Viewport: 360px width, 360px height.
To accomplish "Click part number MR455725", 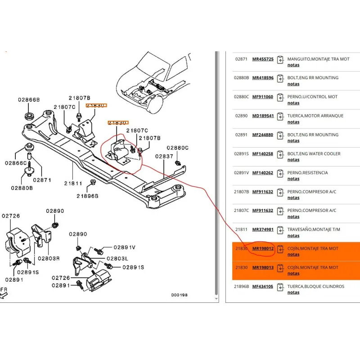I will (x=263, y=59).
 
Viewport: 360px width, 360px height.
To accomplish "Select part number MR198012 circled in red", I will (x=263, y=248).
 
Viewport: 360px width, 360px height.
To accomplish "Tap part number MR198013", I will (x=263, y=267).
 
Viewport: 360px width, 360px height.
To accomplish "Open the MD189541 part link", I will (x=263, y=116).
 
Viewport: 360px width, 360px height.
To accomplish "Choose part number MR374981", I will (x=263, y=229).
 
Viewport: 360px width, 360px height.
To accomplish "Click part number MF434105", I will (x=263, y=286).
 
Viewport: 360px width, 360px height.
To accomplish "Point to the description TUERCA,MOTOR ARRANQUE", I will (x=315, y=116).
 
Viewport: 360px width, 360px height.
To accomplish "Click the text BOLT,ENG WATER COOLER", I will (x=314, y=153).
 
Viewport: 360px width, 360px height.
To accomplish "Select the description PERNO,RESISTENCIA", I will (x=307, y=173).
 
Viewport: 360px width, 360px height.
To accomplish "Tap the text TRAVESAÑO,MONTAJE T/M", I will (x=314, y=229).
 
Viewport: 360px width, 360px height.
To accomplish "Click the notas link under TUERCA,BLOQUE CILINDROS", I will (x=293, y=292).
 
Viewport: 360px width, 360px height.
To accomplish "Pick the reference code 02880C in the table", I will (x=241, y=97).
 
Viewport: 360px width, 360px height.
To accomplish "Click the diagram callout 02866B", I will (x=29, y=99).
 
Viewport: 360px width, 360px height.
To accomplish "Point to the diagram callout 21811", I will (x=73, y=184).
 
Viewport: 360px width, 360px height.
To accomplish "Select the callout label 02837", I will (x=165, y=156).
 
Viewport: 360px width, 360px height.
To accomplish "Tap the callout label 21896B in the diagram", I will (x=87, y=196).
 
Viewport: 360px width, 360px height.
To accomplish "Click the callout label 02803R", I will (x=49, y=259).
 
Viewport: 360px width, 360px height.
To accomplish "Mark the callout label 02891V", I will (x=125, y=247).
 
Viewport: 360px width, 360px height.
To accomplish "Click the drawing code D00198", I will (x=180, y=295).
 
